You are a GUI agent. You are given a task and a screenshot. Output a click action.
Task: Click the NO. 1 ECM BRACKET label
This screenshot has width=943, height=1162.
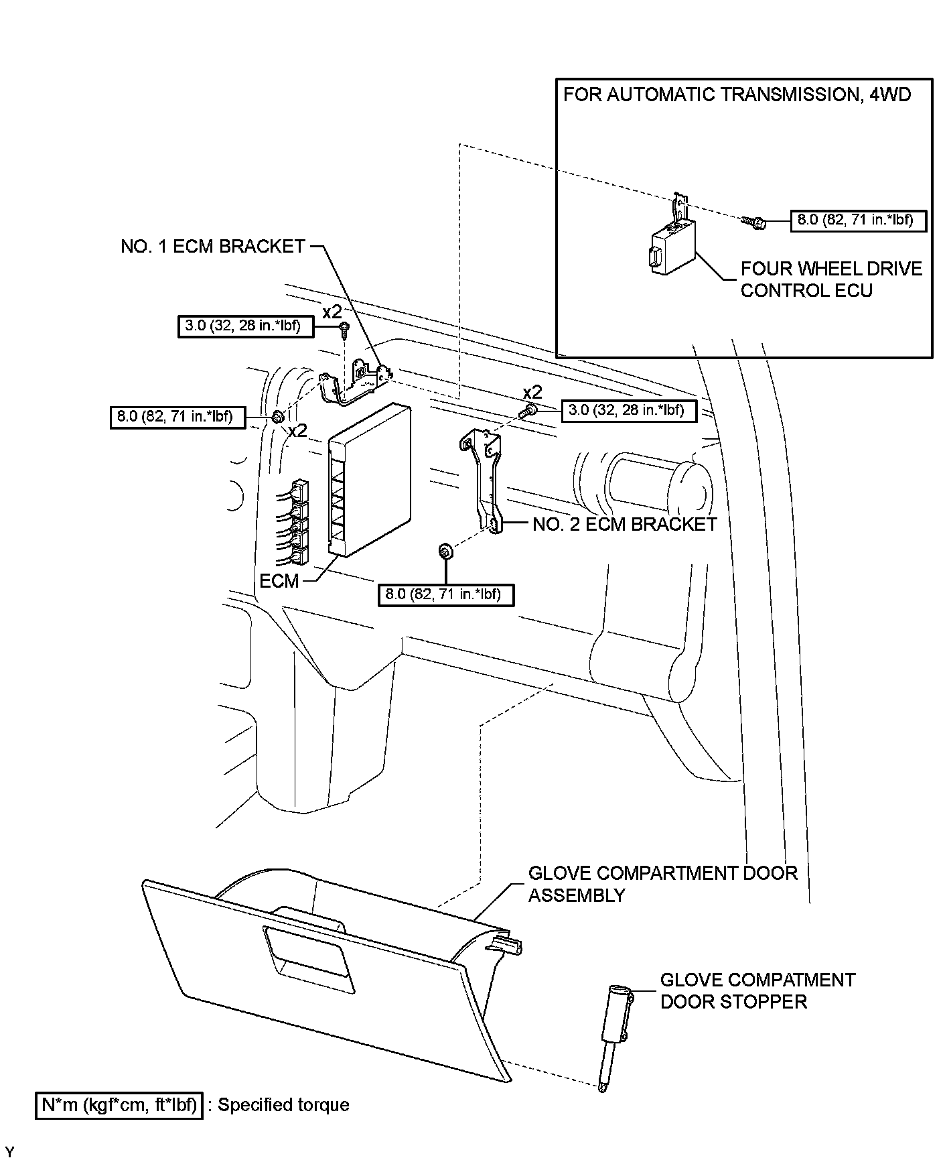click(213, 247)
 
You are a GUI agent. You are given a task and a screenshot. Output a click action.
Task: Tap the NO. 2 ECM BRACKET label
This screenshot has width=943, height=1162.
click(624, 524)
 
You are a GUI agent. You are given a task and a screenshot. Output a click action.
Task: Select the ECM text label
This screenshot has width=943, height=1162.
click(279, 580)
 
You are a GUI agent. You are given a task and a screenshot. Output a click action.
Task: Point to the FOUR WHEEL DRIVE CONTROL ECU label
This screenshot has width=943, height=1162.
click(830, 279)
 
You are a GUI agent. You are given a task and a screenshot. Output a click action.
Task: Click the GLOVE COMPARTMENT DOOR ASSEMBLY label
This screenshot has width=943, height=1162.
click(662, 884)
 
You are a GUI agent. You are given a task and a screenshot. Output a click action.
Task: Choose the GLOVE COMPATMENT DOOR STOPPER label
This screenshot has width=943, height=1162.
click(757, 990)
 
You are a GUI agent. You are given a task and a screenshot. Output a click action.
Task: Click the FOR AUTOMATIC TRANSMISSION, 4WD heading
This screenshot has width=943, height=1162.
click(737, 94)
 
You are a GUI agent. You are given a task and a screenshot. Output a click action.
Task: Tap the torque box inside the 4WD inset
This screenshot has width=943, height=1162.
click(859, 220)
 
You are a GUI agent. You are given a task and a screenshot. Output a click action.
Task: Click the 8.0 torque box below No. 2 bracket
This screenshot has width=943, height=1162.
click(445, 594)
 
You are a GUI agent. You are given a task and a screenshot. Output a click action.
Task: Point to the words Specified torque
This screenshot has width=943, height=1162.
click(283, 1105)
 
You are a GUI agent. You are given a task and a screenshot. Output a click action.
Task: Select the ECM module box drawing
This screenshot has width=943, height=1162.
click(369, 480)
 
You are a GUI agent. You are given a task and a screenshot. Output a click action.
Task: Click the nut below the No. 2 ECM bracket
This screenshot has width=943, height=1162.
click(443, 551)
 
